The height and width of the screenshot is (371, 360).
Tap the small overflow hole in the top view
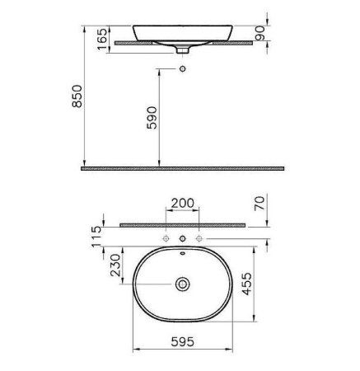182,255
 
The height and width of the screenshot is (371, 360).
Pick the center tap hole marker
182,238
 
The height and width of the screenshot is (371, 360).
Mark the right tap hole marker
199,238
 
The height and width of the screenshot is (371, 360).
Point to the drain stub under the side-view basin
182,49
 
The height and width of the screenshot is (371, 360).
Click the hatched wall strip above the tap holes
182,223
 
